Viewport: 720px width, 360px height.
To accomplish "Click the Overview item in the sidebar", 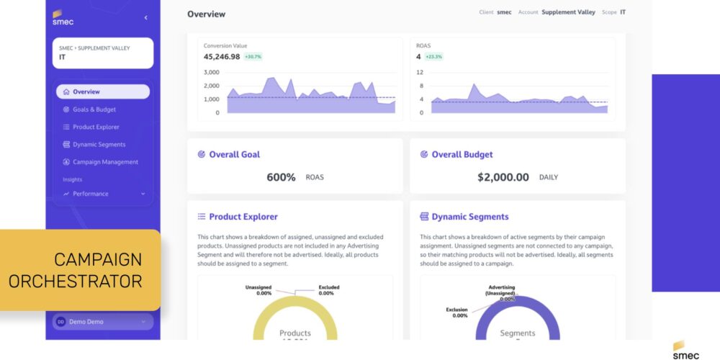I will click(x=102, y=91).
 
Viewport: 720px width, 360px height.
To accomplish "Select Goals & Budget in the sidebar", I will click(x=94, y=109).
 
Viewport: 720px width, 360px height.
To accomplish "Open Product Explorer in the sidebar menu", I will click(x=95, y=127).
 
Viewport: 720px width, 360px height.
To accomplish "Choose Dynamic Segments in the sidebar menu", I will click(x=99, y=145).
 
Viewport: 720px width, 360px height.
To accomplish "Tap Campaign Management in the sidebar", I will click(x=104, y=162).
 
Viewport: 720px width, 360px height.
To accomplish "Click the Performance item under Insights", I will click(x=90, y=194).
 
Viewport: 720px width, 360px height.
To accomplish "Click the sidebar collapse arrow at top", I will click(x=146, y=17).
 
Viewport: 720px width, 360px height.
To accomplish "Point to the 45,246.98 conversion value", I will click(x=222, y=56).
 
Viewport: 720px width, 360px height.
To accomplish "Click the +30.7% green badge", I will click(x=253, y=56).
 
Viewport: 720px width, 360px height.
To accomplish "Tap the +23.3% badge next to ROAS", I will click(x=433, y=56).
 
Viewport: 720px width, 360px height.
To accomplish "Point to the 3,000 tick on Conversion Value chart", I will click(x=211, y=73).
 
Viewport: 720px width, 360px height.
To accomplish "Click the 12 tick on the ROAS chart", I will click(x=420, y=73).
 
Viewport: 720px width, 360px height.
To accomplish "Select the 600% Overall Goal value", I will click(x=281, y=177).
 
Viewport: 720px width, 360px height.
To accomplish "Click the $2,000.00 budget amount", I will click(x=503, y=177).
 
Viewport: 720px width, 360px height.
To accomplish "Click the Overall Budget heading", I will click(x=462, y=154).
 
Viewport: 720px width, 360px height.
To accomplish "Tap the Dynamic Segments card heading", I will click(x=469, y=217).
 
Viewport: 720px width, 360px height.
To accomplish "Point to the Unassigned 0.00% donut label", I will click(x=258, y=290).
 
